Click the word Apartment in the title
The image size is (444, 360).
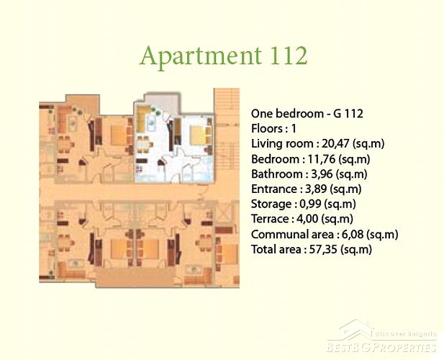point(201,56)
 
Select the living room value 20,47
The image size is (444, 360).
point(335,143)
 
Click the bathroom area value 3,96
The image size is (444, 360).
point(322,174)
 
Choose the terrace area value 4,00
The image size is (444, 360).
point(307,219)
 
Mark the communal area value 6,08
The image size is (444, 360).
point(353,234)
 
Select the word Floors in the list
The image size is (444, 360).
point(267,129)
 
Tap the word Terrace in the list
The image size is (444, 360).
point(270,219)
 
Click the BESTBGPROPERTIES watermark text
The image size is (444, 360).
point(381,347)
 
